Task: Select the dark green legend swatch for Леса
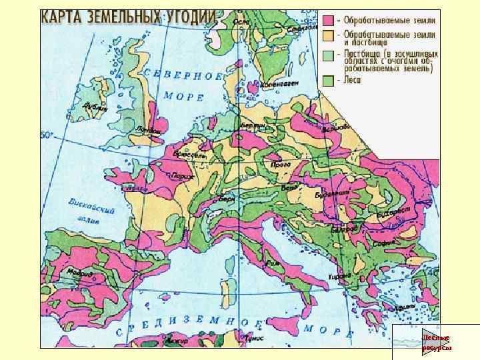[x=329, y=80]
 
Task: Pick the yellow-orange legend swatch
[x=329, y=34]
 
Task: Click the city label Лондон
[x=151, y=130]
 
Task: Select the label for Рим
[x=271, y=263]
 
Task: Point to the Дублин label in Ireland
[x=94, y=107]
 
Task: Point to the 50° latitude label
[x=47, y=135]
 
